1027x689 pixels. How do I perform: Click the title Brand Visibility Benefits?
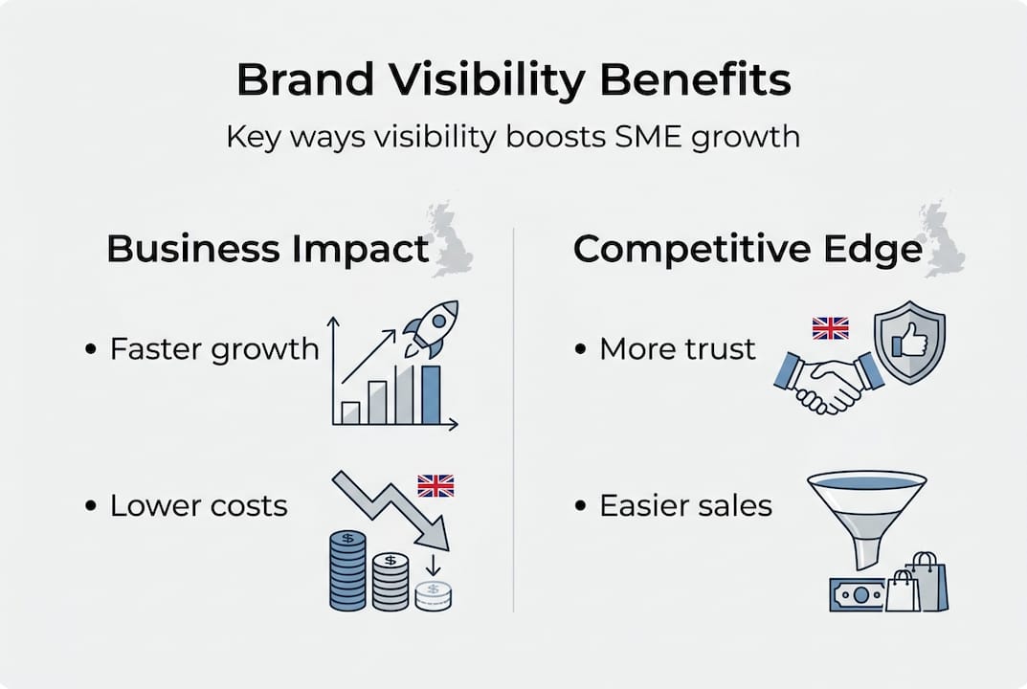[513, 80]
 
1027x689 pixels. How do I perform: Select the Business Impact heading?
[268, 249]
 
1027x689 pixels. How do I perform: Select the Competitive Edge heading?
[748, 249]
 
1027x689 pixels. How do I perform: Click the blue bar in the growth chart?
[431, 394]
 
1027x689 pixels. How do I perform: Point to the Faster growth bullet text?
[214, 348]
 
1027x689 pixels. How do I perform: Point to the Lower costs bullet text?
[199, 505]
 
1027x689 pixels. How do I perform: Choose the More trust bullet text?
[678, 348]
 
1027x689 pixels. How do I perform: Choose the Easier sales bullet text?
[685, 505]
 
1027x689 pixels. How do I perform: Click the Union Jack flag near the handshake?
[830, 328]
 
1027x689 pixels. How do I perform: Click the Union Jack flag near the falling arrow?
[435, 485]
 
